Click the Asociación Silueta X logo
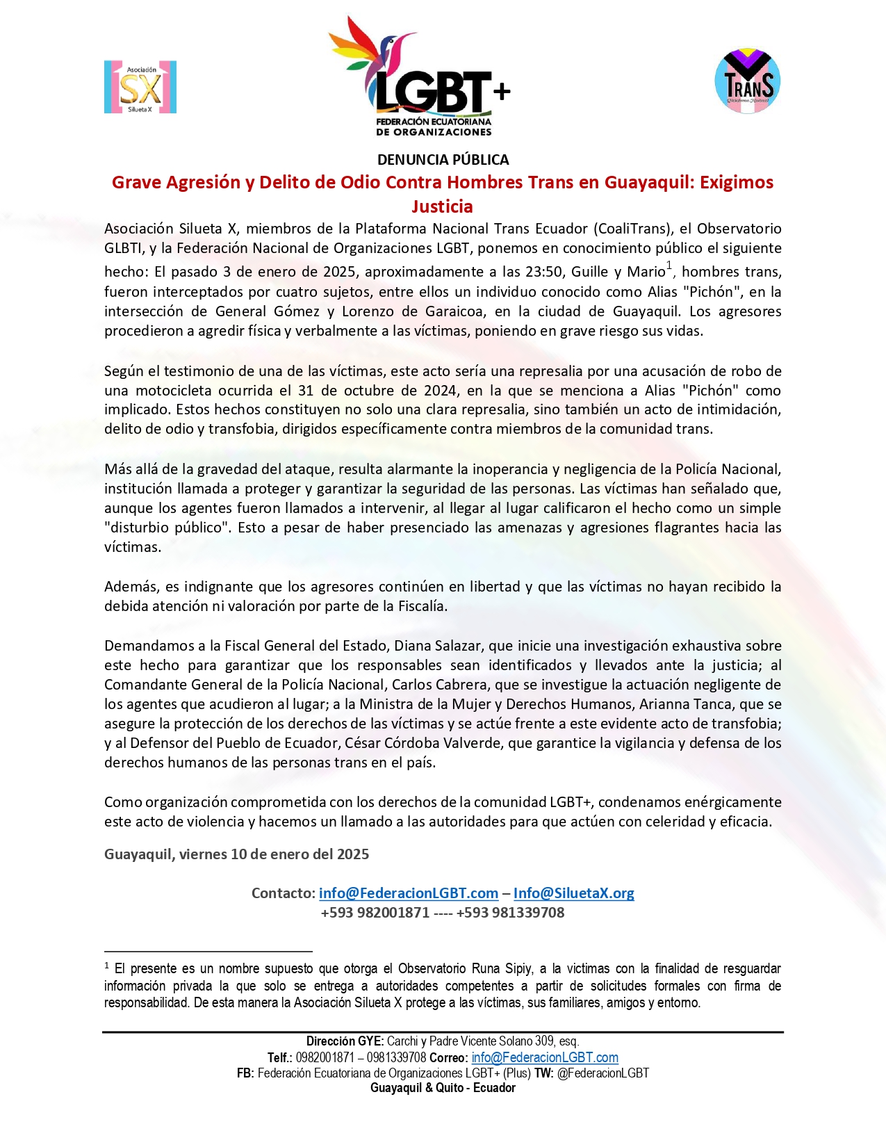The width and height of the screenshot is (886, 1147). click(140, 87)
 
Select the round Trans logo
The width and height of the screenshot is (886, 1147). click(748, 81)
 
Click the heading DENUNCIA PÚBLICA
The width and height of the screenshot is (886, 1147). click(443, 160)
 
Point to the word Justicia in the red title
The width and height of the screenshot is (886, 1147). click(442, 206)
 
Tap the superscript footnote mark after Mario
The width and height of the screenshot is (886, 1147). click(669, 265)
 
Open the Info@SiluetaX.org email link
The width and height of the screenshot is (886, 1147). click(573, 893)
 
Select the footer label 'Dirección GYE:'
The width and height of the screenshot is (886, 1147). click(345, 1041)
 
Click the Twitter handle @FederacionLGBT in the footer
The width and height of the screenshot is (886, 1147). click(602, 1073)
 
